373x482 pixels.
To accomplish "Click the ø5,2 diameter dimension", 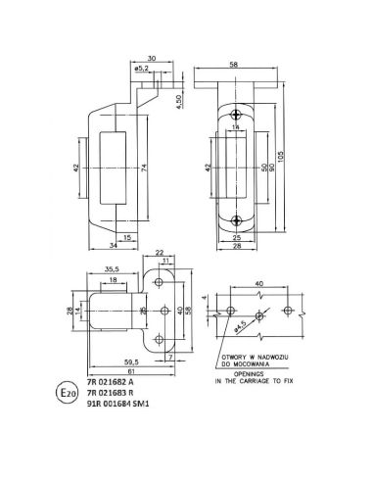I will (x=142, y=69).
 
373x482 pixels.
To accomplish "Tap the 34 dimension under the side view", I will (x=101, y=248).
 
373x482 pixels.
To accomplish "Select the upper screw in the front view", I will (x=235, y=116).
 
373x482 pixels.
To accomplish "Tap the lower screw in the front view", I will (x=235, y=218).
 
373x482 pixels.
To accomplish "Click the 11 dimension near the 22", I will (x=167, y=259).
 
